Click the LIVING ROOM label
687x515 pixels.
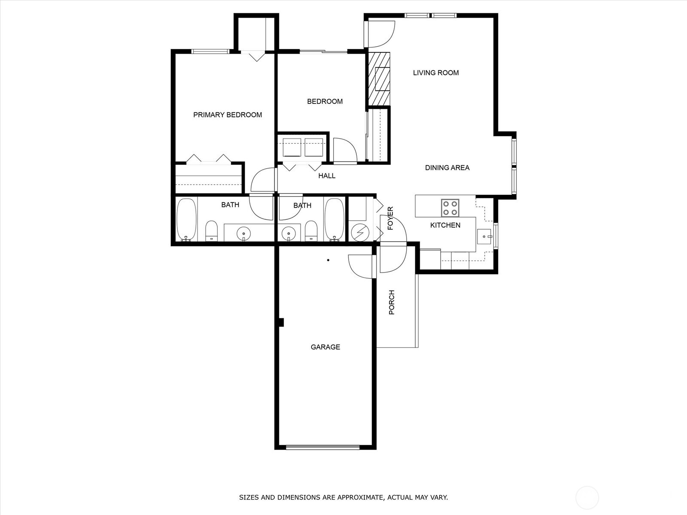click(436, 73)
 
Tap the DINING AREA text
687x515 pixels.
click(447, 168)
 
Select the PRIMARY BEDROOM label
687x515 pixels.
click(228, 115)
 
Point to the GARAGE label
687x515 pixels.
click(325, 347)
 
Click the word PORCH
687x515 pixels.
click(392, 302)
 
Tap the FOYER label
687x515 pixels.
click(390, 218)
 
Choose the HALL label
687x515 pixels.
click(327, 176)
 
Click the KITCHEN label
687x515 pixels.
click(445, 225)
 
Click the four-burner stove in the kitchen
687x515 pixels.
click(450, 208)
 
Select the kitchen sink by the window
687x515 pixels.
click(484, 237)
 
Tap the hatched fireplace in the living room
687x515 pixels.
click(379, 79)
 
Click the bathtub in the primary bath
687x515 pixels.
click(186, 220)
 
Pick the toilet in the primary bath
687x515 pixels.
click(212, 231)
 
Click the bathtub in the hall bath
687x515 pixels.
click(334, 220)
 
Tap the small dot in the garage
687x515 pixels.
click(328, 260)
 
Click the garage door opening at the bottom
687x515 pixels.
click(323, 448)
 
